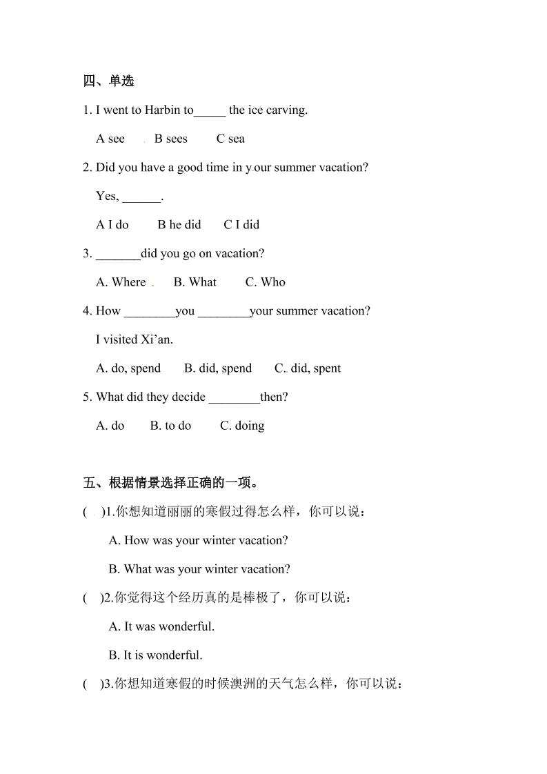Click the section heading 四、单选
pos(108,81)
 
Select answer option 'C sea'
pos(230,139)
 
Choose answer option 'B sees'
pos(170,139)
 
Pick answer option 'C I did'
pos(241,225)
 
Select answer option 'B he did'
pos(179,225)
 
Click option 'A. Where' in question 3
pos(121,282)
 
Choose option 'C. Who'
pos(265,282)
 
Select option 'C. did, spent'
pos(308,368)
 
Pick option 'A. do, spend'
pos(128,368)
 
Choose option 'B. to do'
pos(170,426)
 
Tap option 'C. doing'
pos(242,426)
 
